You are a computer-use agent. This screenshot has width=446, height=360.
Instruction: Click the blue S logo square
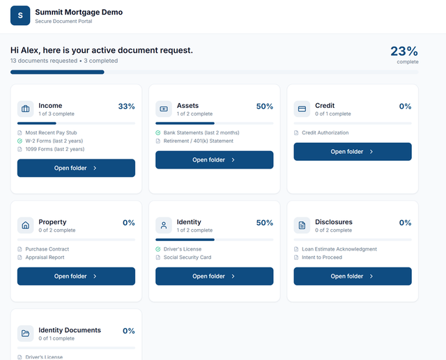pos(20,15)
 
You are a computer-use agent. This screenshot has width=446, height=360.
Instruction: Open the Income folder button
pos(76,168)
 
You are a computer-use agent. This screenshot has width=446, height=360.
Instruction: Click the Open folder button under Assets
pos(215,159)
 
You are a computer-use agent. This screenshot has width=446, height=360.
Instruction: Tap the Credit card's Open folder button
pos(353,151)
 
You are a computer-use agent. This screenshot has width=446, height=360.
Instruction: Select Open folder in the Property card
pos(76,276)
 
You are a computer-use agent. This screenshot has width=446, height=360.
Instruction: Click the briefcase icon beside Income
pos(26,109)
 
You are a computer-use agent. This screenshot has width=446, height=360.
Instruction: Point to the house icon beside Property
pos(26,226)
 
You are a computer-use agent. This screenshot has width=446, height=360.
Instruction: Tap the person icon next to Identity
pos(164,226)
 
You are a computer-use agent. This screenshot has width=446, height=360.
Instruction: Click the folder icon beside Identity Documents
pos(26,334)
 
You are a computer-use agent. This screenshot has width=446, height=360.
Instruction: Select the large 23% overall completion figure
pos(404,52)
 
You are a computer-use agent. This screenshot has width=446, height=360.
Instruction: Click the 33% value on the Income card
pos(127,107)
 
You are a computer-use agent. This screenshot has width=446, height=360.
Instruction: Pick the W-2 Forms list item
pos(54,141)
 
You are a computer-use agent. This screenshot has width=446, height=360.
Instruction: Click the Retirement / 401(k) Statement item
pos(198,141)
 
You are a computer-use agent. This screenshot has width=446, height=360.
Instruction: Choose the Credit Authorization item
pos(325,133)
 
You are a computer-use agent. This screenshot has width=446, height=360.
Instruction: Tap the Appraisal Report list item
pos(45,258)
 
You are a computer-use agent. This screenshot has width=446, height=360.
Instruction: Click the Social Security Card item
pos(187,258)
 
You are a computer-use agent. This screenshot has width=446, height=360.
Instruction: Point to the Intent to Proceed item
pos(322,258)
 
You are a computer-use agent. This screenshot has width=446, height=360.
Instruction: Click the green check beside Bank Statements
pos(158,133)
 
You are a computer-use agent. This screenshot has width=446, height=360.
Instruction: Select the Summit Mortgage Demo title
pos(79,13)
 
